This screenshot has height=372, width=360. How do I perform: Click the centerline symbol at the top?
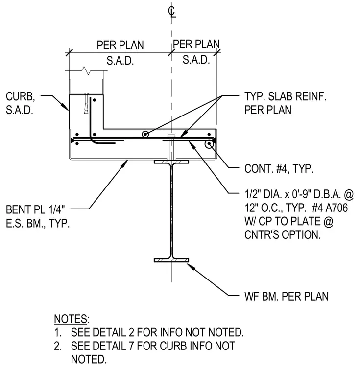[x=172, y=12]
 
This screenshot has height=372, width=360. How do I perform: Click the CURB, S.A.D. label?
[x=21, y=103]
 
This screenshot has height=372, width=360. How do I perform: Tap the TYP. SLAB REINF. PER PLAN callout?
[x=285, y=103]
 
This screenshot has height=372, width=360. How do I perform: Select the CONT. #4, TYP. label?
[x=279, y=169]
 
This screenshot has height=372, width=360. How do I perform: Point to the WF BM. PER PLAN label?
[x=287, y=296]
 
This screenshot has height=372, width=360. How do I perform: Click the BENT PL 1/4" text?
[x=35, y=209]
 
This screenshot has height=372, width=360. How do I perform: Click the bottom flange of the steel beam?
[x=171, y=260]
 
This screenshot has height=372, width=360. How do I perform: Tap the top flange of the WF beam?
[x=171, y=162]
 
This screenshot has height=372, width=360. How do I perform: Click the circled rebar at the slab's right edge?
[x=209, y=144]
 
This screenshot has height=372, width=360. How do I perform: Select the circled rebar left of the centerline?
[x=145, y=134]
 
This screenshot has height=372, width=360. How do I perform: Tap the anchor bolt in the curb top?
[x=86, y=103]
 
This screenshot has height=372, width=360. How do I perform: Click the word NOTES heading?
[x=71, y=319]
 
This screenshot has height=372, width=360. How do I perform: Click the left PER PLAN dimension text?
[x=120, y=45]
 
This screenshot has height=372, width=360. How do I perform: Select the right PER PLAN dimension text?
[x=196, y=44]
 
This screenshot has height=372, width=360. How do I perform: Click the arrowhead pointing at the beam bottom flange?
[x=191, y=266]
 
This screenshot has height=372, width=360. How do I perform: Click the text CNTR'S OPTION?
[x=283, y=234]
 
